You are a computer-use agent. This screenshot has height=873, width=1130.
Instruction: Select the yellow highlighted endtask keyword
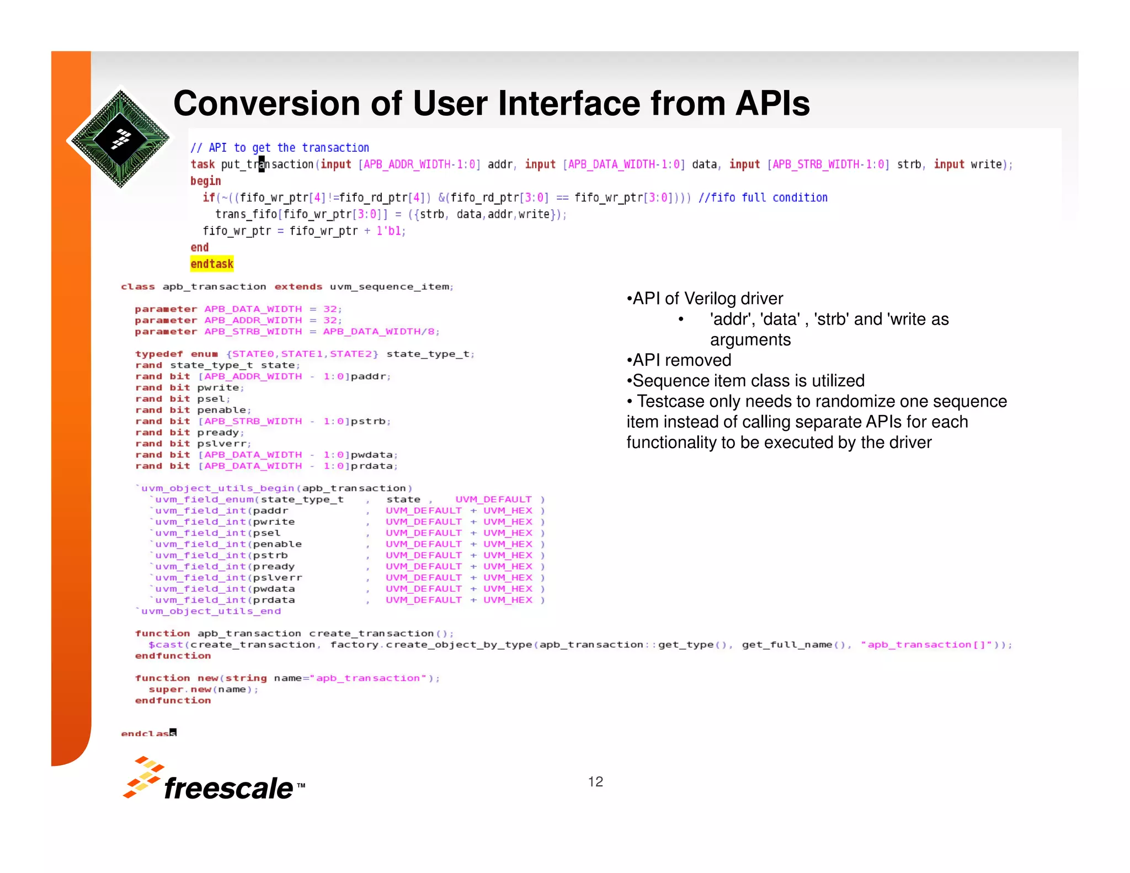212,264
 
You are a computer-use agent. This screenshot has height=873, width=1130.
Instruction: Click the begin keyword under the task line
206,181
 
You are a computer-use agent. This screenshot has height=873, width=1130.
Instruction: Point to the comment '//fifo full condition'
763,198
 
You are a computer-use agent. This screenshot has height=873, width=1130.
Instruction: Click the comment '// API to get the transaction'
280,148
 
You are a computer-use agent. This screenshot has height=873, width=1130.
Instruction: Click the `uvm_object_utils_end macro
209,611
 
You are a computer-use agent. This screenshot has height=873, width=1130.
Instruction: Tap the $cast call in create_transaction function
166,645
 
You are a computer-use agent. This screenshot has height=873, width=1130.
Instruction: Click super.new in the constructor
180,689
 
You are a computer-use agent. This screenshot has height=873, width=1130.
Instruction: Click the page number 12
595,781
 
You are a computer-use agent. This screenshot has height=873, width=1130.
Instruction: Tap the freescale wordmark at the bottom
228,788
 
